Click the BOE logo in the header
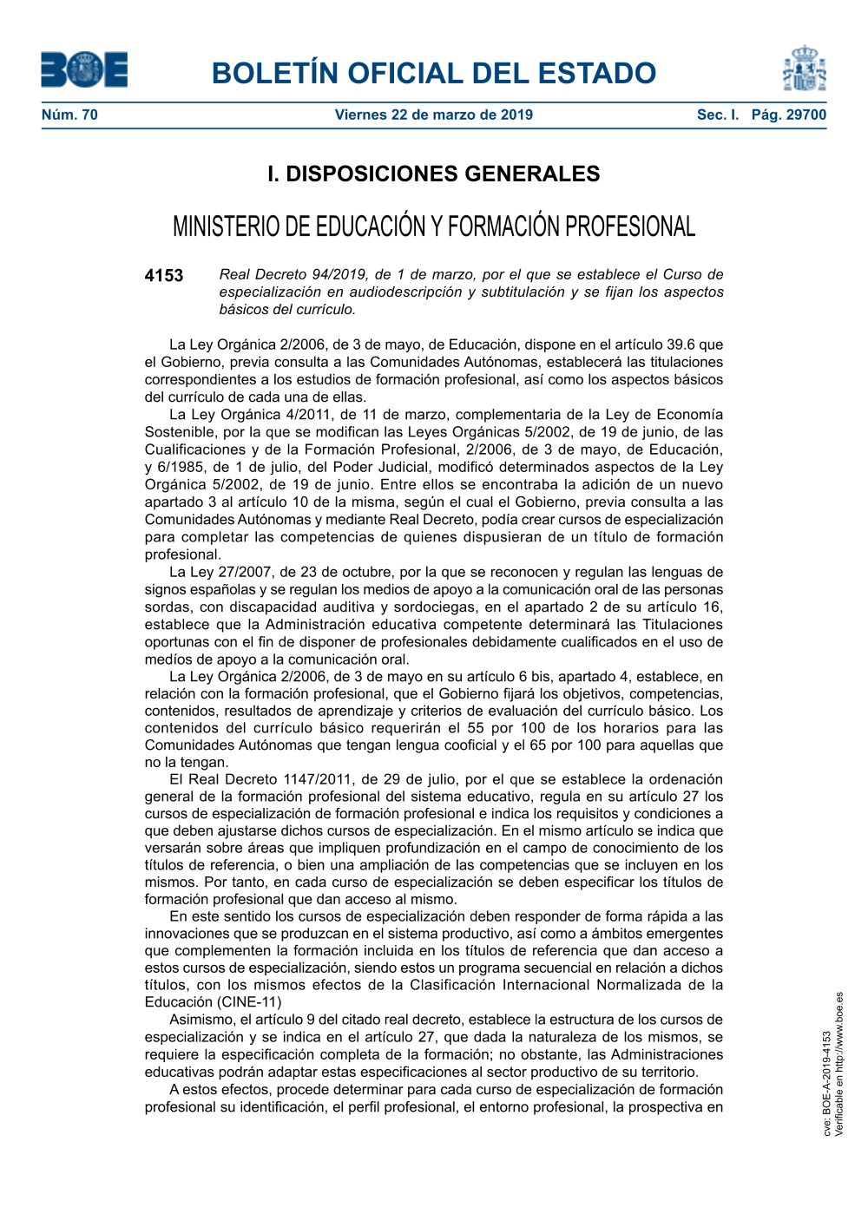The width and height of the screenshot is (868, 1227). pos(84,69)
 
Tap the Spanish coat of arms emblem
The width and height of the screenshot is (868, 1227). pos(805,69)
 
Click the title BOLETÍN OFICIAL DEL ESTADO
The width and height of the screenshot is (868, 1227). pos(434,73)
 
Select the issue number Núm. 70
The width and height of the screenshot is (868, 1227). pos(69,115)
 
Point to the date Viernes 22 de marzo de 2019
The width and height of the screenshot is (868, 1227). pos(434,115)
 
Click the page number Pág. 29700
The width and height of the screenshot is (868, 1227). pos(789,115)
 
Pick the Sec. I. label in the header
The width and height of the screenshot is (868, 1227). pos(718,115)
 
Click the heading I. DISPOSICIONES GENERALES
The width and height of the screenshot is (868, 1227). pos(434,174)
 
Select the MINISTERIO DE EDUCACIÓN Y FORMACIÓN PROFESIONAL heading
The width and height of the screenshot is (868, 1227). pos(434,226)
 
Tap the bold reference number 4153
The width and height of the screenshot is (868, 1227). pos(164,276)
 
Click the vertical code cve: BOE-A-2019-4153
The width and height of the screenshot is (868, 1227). pos(827,1083)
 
